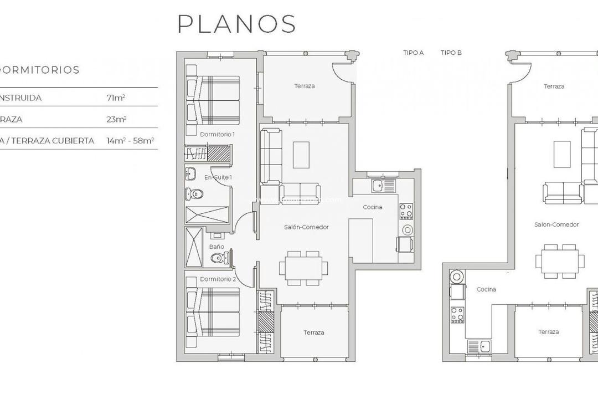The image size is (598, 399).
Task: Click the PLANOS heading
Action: (x=236, y=24)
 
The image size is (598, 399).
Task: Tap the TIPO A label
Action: (x=414, y=53)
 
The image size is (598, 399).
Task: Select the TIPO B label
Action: (x=451, y=53)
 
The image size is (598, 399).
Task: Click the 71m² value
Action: (x=115, y=98)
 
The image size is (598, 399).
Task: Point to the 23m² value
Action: (x=116, y=119)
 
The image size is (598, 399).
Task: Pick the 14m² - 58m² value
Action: (x=130, y=141)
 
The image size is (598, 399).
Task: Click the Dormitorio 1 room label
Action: (x=218, y=135)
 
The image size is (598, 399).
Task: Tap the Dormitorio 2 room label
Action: (x=218, y=279)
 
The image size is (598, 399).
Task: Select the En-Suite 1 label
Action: (x=218, y=177)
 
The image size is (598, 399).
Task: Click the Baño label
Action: (x=216, y=247)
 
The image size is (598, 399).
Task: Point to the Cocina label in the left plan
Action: (x=372, y=207)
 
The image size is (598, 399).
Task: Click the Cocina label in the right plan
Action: (x=486, y=289)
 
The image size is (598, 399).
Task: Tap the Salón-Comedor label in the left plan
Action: (x=306, y=227)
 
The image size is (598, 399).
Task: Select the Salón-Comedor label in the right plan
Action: (x=556, y=224)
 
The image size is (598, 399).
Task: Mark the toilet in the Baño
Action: (x=221, y=258)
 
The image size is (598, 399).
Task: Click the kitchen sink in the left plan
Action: (x=378, y=185)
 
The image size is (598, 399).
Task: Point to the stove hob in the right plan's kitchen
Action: (x=457, y=315)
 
